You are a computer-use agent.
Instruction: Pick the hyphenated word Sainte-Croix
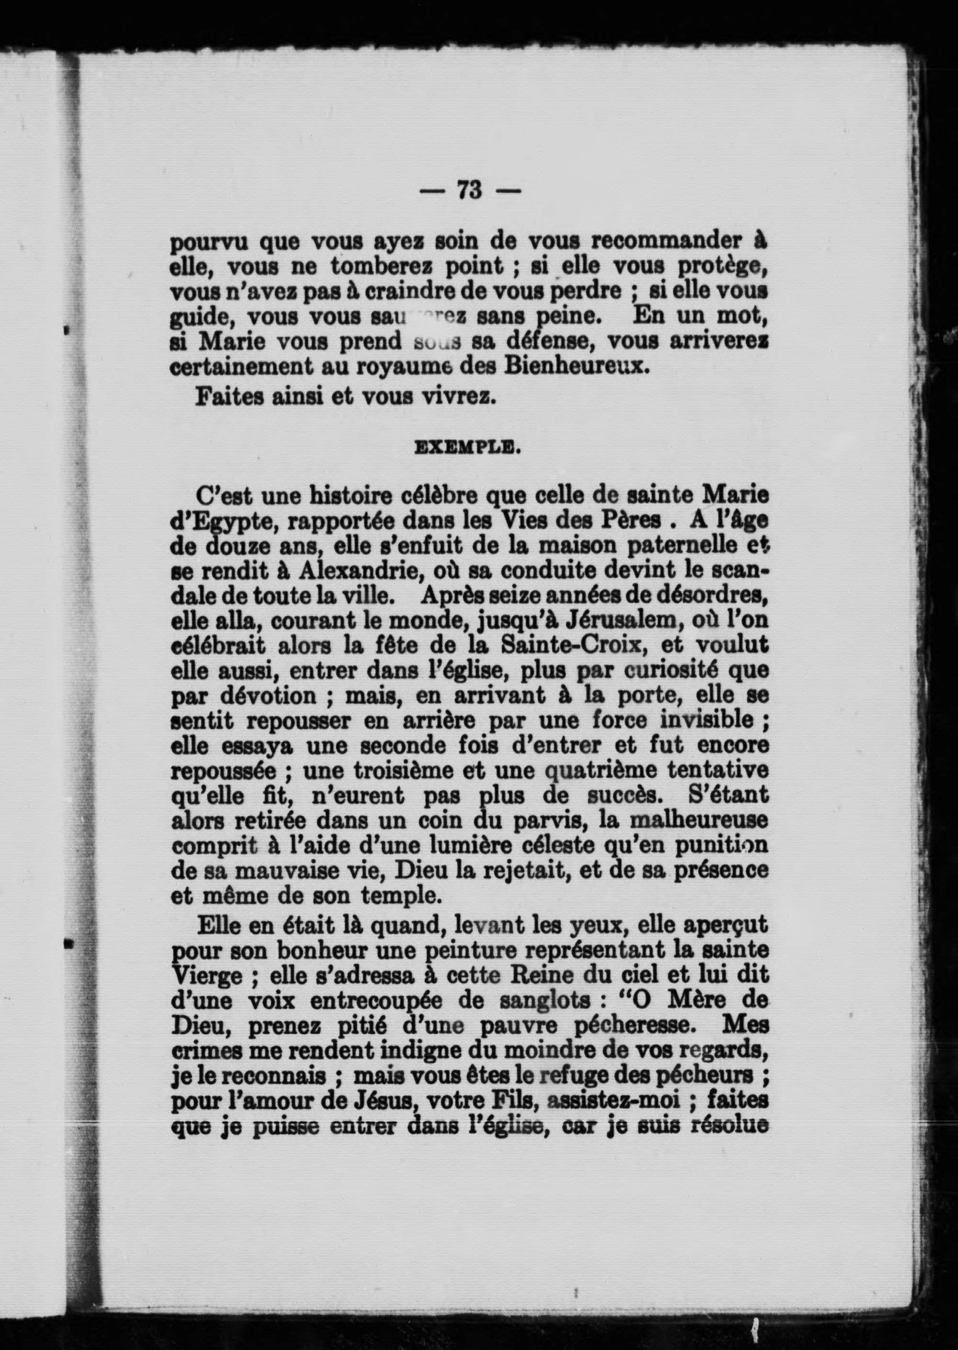(x=570, y=646)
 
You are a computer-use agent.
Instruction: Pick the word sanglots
(x=545, y=1002)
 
